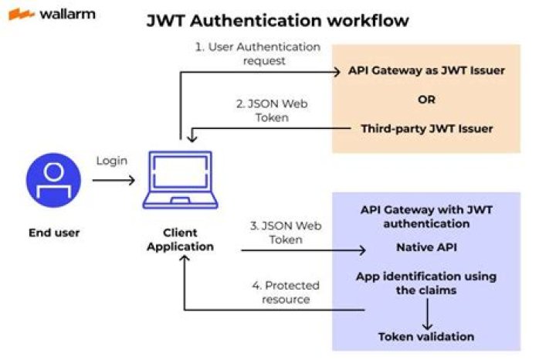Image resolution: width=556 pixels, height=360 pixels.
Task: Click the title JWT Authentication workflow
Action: [278, 20]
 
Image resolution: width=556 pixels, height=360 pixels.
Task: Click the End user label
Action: [53, 233]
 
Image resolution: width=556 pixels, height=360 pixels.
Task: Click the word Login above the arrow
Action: [112, 161]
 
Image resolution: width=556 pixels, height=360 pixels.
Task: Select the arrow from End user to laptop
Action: [114, 180]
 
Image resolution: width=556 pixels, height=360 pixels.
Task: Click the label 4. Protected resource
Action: [287, 292]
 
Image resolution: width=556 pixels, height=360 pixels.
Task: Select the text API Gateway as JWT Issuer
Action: [426, 71]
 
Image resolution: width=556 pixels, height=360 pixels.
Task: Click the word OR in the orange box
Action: [426, 100]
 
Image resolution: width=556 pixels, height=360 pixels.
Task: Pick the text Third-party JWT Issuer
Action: [426, 128]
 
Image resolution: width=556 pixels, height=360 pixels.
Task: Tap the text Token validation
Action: [425, 336]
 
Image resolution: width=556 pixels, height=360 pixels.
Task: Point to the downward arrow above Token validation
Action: [425, 312]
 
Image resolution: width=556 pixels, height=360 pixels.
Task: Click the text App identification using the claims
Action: [425, 283]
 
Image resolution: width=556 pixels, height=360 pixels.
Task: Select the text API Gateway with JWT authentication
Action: [425, 217]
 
